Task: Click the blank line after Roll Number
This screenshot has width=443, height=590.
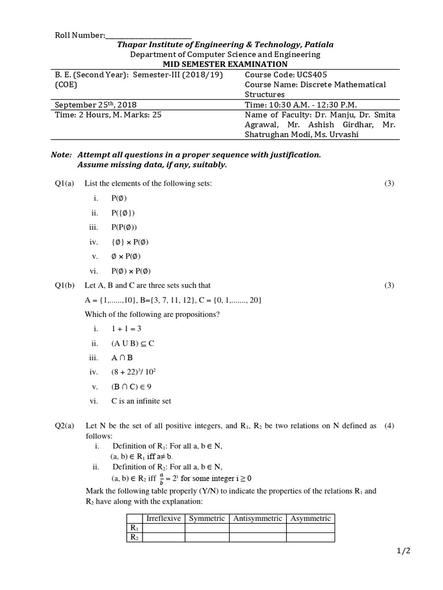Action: [x=148, y=36]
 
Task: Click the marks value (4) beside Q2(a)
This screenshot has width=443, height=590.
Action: [x=390, y=426]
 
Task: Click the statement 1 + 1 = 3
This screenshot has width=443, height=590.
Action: [x=126, y=328]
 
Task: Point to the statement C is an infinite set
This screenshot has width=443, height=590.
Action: [x=141, y=401]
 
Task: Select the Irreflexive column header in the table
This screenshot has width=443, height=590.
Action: [x=164, y=519]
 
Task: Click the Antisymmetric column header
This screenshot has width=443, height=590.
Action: [x=258, y=519]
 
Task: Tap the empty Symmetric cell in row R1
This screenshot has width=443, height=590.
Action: [x=207, y=528]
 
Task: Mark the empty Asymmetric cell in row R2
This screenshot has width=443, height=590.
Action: [x=310, y=538]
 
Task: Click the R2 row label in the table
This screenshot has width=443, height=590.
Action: [x=134, y=538]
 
